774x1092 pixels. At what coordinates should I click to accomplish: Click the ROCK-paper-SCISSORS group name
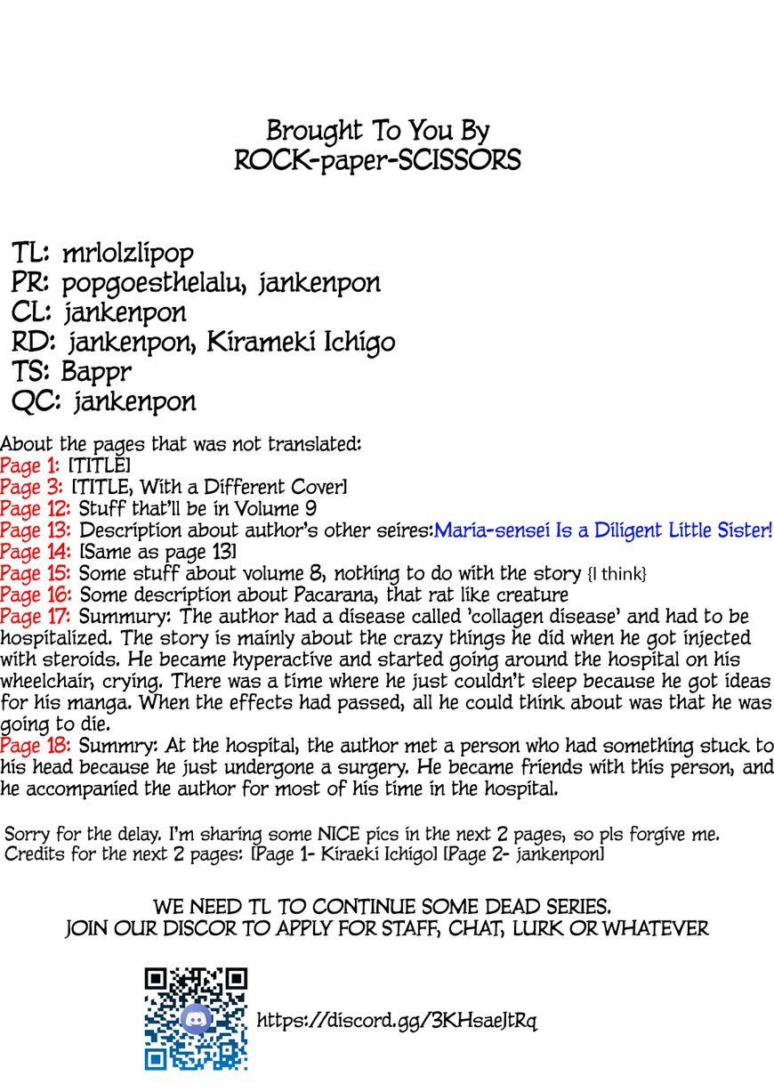tap(378, 160)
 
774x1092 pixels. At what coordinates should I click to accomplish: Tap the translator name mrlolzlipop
tap(128, 254)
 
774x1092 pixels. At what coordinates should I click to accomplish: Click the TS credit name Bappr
tap(93, 371)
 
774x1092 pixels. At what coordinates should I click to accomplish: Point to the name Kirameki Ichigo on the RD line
tap(302, 342)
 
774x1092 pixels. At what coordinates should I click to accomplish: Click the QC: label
tap(36, 401)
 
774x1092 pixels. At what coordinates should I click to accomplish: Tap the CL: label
tap(35, 312)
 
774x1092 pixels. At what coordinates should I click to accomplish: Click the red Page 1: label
tap(30, 466)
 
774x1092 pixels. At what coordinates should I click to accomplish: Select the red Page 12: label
tap(35, 509)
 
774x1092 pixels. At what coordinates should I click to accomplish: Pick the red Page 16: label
tap(36, 595)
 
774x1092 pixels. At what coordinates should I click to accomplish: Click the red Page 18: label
tap(36, 745)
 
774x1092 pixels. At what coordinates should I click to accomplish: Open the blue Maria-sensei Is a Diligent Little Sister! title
tap(603, 530)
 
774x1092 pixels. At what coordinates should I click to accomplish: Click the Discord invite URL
tap(397, 1020)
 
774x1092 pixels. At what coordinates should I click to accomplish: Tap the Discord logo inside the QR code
tap(196, 1019)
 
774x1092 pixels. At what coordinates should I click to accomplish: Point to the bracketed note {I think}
tap(614, 574)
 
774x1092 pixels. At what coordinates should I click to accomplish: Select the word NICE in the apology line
tap(343, 835)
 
